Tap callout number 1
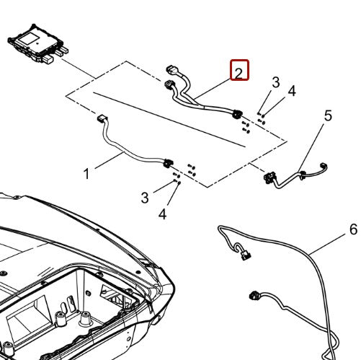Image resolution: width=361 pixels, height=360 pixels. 86,174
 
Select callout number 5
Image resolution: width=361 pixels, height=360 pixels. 328,115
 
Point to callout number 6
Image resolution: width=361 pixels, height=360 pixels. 353,229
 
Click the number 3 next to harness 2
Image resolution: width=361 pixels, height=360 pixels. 275,82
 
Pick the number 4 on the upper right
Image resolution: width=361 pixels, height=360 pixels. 291,91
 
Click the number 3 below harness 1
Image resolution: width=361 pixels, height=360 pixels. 146,197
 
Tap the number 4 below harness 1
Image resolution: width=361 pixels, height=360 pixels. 162,214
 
